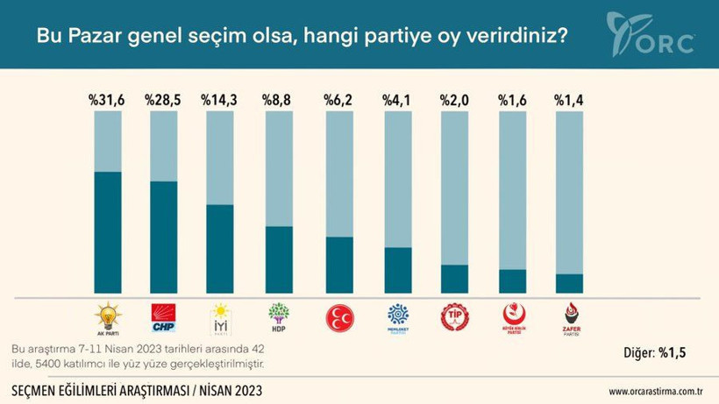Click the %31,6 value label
(106, 101)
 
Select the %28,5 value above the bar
(164, 101)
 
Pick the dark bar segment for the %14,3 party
(219, 250)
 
